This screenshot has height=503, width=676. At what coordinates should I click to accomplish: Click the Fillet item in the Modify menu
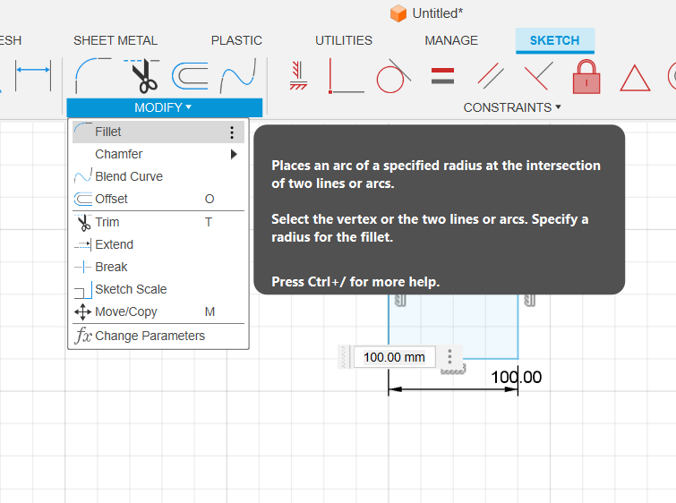click(107, 132)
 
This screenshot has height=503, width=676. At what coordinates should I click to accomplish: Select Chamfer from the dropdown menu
click(118, 154)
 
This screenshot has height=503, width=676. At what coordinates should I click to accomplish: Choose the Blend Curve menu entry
click(129, 176)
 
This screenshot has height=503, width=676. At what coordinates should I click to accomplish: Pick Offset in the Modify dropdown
click(111, 199)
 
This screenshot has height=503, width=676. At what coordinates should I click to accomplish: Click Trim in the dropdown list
click(107, 222)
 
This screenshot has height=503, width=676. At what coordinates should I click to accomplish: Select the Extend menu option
click(115, 244)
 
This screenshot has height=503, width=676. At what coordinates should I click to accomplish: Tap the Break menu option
click(111, 267)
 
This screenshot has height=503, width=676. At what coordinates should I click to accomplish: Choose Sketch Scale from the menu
click(131, 289)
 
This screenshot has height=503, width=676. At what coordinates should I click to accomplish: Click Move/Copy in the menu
click(126, 311)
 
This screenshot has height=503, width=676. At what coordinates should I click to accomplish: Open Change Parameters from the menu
click(150, 336)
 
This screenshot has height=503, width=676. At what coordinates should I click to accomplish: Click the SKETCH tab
click(555, 40)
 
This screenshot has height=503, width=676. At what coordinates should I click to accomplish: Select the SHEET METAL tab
click(116, 40)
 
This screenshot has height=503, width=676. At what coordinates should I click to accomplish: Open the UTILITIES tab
click(344, 40)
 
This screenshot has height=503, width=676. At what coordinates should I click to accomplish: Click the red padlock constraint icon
click(586, 77)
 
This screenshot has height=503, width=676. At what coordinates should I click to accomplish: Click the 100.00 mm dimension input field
click(394, 357)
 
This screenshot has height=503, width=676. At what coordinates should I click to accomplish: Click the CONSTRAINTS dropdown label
click(512, 107)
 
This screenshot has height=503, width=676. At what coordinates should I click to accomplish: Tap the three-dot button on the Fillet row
click(232, 132)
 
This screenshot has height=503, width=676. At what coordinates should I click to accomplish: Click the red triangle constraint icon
click(635, 78)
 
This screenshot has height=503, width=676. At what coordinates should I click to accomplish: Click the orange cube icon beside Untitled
click(398, 13)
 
